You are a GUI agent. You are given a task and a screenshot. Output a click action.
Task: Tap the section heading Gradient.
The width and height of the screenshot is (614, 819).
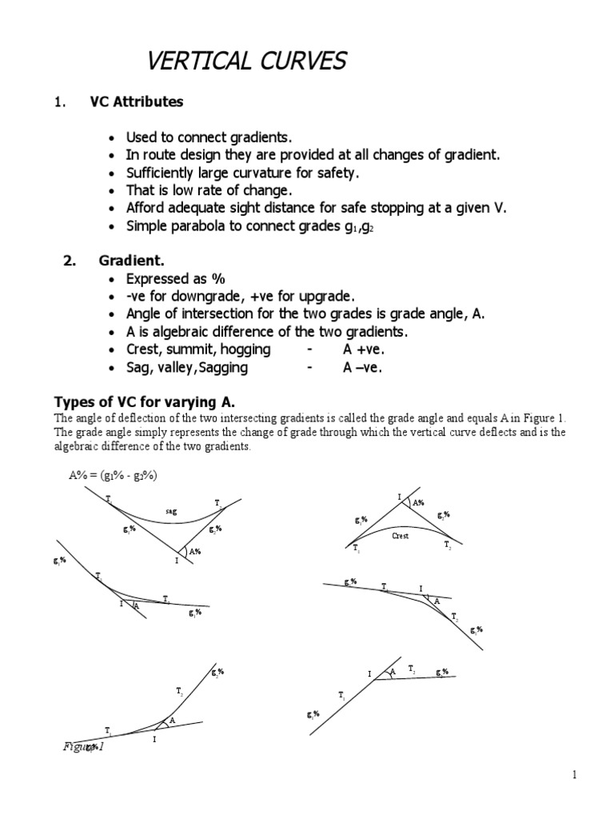click(131, 261)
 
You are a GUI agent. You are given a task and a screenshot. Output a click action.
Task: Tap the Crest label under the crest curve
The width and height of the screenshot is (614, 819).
click(401, 536)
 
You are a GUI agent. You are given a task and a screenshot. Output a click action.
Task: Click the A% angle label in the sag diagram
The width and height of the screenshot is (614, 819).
click(193, 551)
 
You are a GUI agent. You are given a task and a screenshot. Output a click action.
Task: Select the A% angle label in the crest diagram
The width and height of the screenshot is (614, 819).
click(419, 503)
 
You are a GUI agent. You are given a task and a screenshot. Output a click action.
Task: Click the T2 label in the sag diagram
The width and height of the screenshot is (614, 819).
click(217, 503)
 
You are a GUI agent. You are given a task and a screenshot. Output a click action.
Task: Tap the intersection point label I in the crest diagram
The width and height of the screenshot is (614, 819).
click(399, 497)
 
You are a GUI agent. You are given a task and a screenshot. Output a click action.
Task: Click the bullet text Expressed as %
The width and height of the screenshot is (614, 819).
click(176, 278)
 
